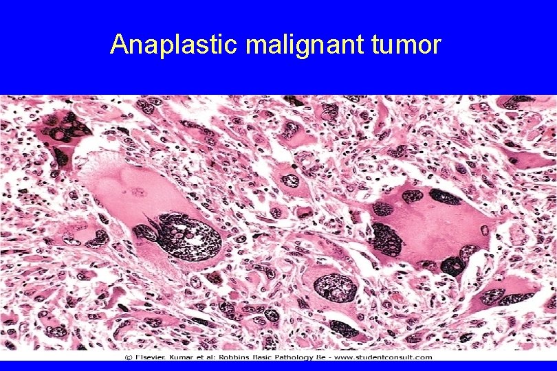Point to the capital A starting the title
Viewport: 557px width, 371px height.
click(x=118, y=45)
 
